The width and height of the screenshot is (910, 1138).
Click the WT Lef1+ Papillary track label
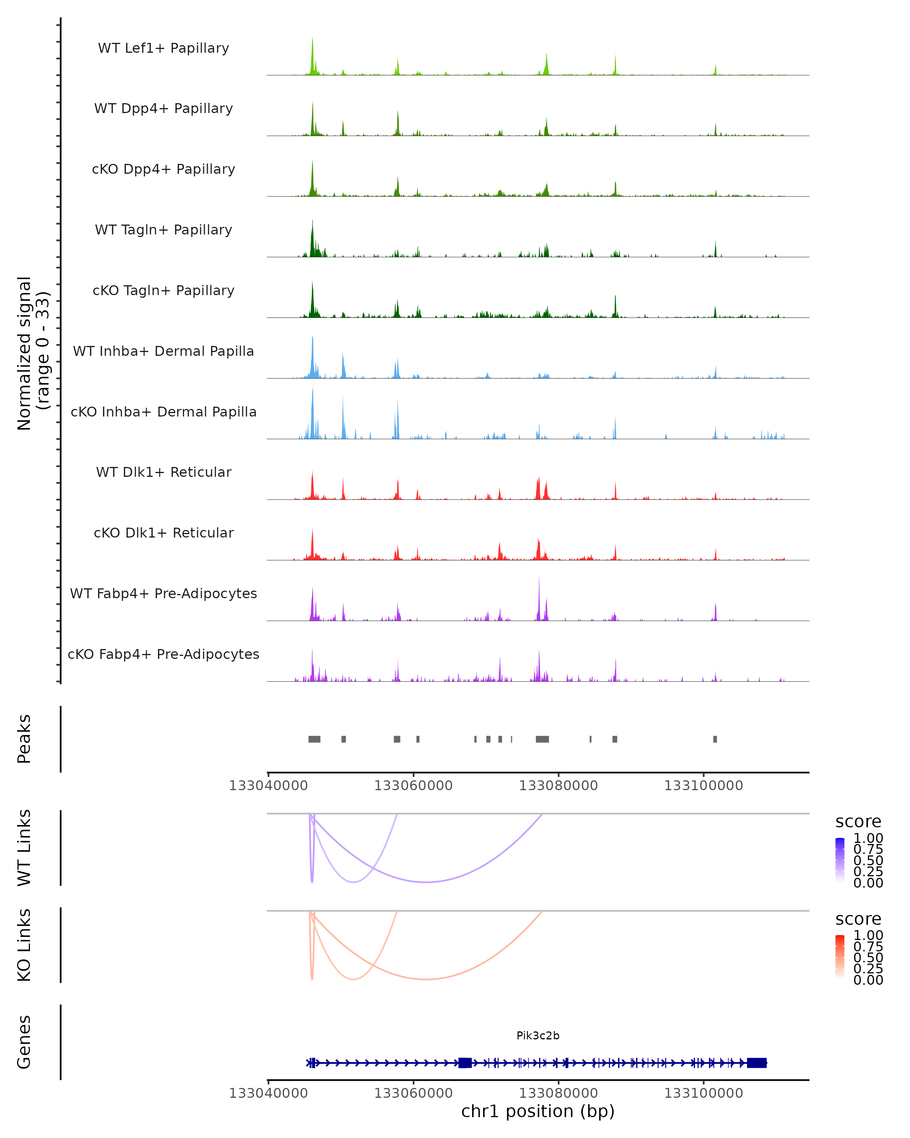click(x=163, y=48)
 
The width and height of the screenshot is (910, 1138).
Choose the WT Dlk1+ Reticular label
click(x=163, y=472)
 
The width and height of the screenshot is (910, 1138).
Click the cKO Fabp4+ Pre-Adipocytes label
click(x=163, y=654)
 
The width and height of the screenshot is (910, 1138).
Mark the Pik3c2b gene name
click(x=538, y=1036)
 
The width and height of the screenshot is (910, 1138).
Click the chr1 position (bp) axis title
click(x=538, y=1111)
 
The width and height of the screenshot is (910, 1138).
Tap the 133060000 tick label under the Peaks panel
click(x=413, y=786)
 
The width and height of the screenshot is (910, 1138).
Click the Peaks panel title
click(x=24, y=739)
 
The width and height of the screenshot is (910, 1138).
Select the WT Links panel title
click(x=24, y=848)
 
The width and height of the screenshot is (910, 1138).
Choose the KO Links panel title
click(x=24, y=945)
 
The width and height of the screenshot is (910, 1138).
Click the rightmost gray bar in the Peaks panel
click(x=715, y=739)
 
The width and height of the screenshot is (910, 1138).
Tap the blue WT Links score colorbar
click(x=840, y=859)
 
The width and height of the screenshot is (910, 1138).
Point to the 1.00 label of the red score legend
click(x=868, y=935)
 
